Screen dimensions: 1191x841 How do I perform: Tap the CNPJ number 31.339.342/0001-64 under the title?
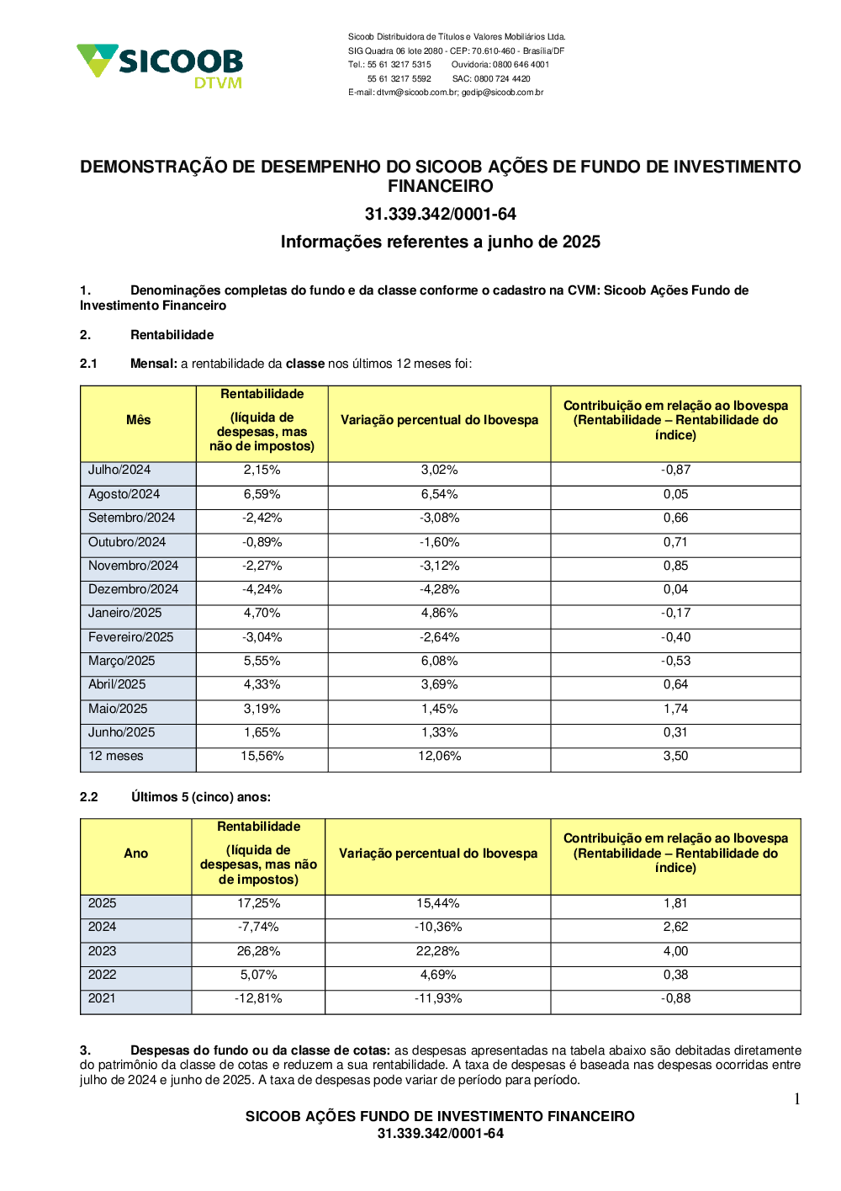coord(440,214)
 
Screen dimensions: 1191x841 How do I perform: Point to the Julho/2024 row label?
coord(119,470)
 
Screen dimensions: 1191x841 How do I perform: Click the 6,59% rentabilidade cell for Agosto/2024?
coord(262,494)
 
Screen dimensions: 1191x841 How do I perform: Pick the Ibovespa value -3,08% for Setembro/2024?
coord(439,518)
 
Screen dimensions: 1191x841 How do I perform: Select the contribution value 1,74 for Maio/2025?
coord(675,709)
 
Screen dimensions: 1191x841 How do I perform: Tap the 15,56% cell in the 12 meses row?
coord(262,756)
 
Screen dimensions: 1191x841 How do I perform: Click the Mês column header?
coord(138,420)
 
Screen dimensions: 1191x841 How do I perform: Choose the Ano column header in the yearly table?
coord(135,853)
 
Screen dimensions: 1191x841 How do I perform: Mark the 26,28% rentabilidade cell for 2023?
coord(258,951)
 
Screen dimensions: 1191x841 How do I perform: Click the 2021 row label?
coord(102,998)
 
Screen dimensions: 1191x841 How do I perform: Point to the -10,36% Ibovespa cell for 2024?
coord(437,927)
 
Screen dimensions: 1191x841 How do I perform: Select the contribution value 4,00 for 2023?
coord(675,951)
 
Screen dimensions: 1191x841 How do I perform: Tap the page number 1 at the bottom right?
coord(796,1099)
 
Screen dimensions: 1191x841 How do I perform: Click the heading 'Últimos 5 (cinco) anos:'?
coord(201,797)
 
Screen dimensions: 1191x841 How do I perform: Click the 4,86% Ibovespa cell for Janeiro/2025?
coord(439,613)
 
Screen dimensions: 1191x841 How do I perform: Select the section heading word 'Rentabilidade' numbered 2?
coord(172,335)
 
